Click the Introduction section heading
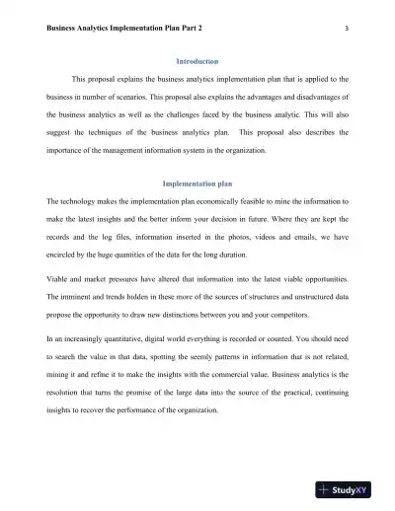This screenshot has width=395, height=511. tap(197, 61)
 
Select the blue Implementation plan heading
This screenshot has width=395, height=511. tap(197, 182)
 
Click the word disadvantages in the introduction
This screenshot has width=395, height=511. tap(308, 97)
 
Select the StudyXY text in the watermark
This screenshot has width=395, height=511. tap(357, 490)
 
